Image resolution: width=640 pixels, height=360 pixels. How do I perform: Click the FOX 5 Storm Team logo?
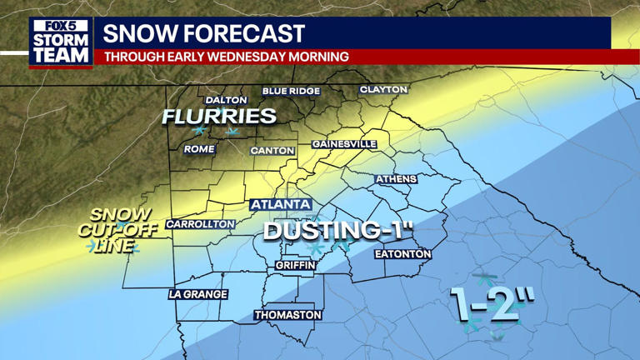click(60, 42)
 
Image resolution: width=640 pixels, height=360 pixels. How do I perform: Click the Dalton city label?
click(226, 100)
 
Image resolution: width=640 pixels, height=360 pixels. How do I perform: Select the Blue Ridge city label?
click(291, 91)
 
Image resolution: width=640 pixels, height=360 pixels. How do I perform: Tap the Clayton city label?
click(383, 89)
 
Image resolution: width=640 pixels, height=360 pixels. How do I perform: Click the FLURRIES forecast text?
click(219, 117)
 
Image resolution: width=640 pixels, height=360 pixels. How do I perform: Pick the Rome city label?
click(199, 149)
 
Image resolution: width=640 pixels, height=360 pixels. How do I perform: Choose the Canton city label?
click(272, 151)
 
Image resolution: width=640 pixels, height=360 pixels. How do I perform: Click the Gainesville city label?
click(344, 144)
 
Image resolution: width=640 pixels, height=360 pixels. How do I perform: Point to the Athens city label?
click(396, 179)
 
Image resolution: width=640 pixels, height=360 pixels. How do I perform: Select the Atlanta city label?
click(280, 204)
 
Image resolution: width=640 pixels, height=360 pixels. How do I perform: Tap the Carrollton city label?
click(200, 224)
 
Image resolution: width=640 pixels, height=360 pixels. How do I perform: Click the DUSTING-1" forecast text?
click(338, 231)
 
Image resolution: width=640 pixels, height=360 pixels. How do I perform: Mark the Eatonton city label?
click(402, 253)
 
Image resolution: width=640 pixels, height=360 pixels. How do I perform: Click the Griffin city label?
click(295, 265)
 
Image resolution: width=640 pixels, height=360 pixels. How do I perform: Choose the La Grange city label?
click(197, 294)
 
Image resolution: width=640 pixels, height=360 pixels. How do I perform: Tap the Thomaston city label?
click(287, 315)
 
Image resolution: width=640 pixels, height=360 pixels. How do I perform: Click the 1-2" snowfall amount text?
click(492, 302)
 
